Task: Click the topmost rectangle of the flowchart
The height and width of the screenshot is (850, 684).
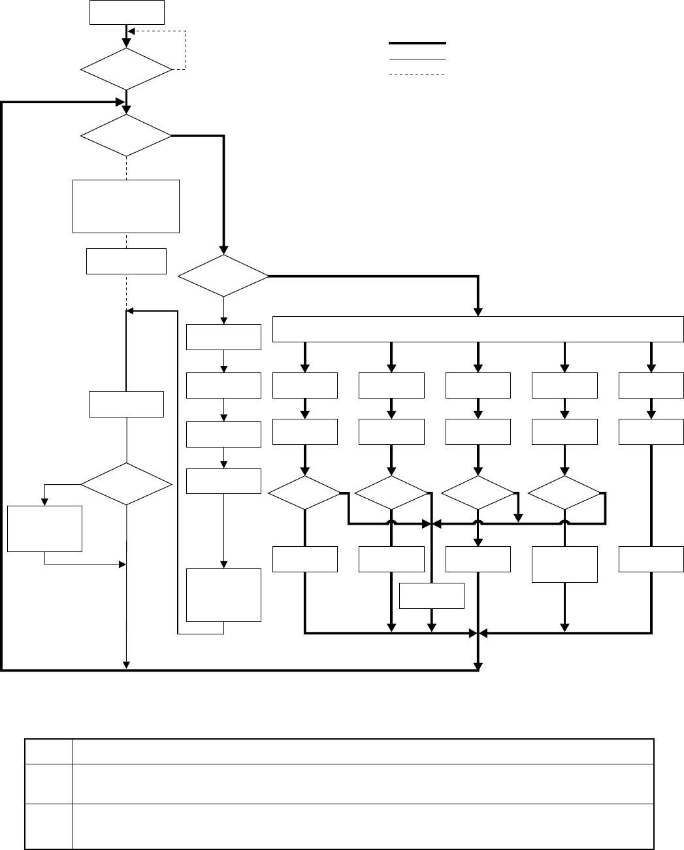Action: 126,12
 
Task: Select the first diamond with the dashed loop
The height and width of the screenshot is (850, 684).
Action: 125,69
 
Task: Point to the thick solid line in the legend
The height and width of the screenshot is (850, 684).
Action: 417,43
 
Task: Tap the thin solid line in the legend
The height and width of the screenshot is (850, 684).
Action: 417,59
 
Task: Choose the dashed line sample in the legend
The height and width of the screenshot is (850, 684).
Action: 417,74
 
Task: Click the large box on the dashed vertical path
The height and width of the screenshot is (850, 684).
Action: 126,206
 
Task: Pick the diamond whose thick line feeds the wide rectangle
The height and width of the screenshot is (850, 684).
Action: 223,276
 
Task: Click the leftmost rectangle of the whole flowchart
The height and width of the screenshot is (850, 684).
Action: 45,529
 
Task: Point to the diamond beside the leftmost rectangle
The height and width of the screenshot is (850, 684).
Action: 126,484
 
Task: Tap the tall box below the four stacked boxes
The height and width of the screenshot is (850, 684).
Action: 223,595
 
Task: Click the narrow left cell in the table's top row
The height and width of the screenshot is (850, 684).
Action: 49,751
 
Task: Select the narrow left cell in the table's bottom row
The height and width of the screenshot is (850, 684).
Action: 49,826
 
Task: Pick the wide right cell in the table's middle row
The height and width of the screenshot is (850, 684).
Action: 363,783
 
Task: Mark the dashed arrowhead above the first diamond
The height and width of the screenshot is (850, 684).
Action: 131,31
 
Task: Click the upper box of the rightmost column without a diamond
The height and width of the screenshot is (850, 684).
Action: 651,385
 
